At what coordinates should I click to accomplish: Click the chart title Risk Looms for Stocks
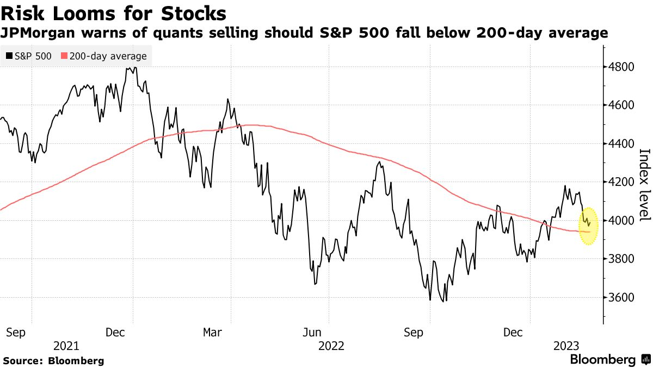(114, 13)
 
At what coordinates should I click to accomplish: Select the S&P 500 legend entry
(29, 56)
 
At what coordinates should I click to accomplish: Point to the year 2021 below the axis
(67, 346)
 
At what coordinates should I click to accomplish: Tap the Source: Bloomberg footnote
(53, 361)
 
